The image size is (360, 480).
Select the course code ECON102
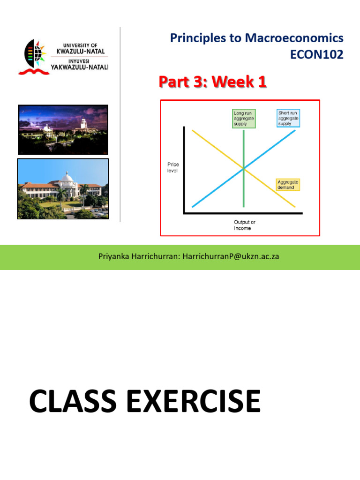pyautogui.click(x=317, y=55)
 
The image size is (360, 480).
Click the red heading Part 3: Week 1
pyautogui.click(x=212, y=82)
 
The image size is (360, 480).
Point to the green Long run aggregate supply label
pyautogui.click(x=244, y=119)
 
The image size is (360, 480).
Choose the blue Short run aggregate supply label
pyautogui.click(x=288, y=118)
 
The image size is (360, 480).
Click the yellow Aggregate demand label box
pyautogui.click(x=288, y=185)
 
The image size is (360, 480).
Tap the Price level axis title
pyautogui.click(x=172, y=167)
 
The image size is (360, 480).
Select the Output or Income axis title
pyautogui.click(x=244, y=225)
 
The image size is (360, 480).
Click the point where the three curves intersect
pyautogui.click(x=244, y=169)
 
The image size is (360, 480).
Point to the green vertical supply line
pyautogui.click(x=244, y=192)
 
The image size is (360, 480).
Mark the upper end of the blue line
pyautogui.click(x=294, y=131)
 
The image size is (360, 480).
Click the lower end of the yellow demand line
pyautogui.click(x=294, y=206)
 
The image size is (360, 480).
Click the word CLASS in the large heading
pyautogui.click(x=75, y=402)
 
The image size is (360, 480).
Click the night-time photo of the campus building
pyautogui.click(x=63, y=129)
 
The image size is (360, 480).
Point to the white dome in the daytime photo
pyautogui.click(x=67, y=178)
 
